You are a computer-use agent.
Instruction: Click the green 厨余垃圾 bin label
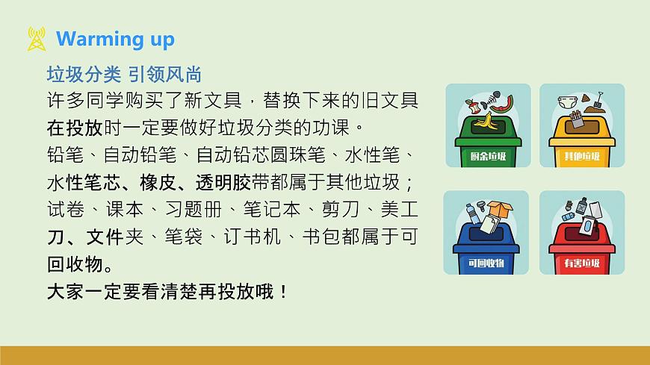[488, 156]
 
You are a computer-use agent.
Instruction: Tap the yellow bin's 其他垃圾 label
[582, 156]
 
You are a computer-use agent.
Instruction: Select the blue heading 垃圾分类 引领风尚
[124, 75]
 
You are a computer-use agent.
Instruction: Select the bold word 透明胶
[223, 183]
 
